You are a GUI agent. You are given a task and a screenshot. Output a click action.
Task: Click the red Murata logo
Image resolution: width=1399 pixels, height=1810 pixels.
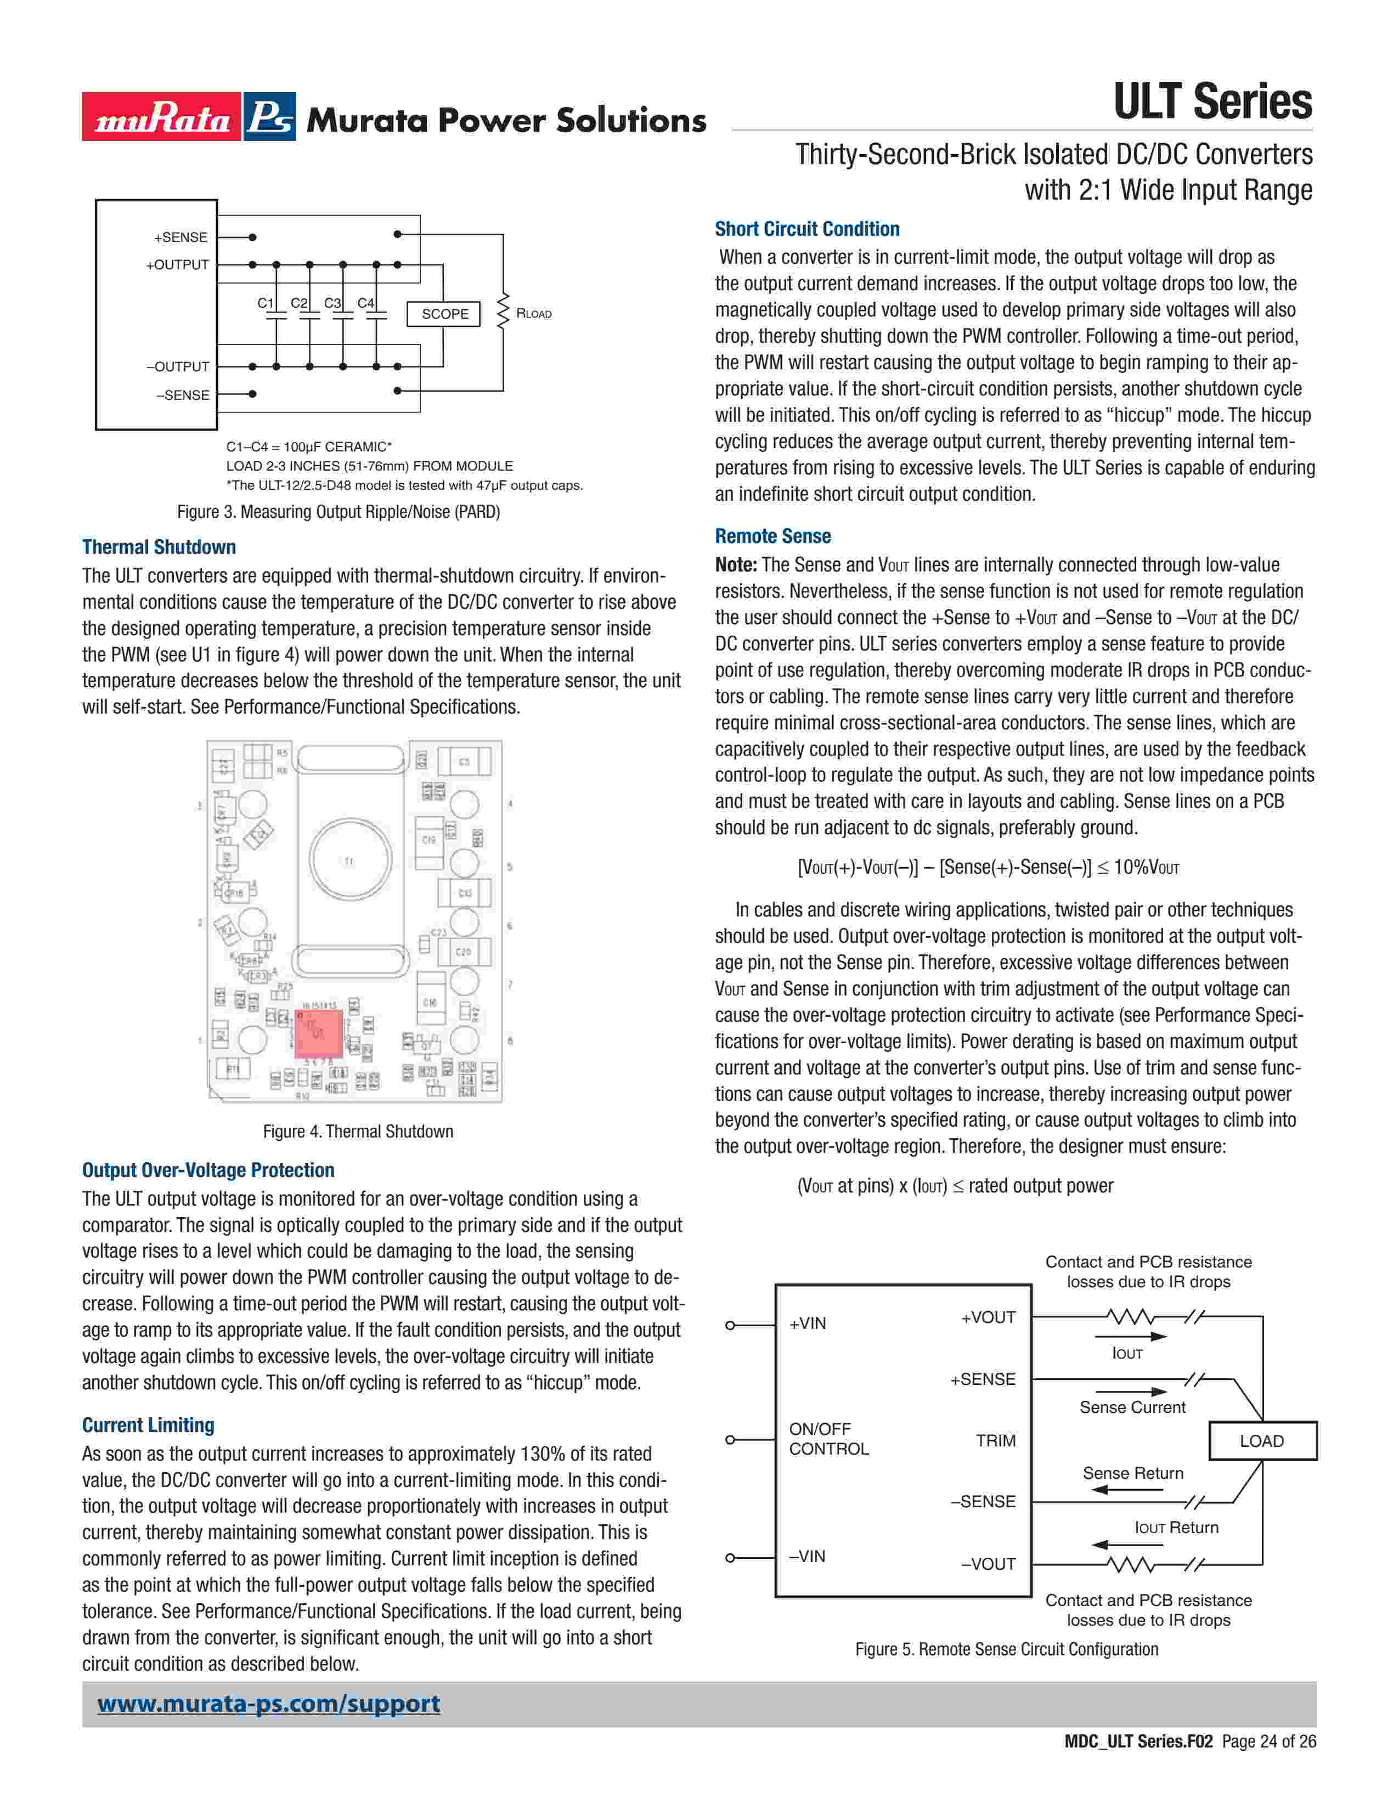[162, 117]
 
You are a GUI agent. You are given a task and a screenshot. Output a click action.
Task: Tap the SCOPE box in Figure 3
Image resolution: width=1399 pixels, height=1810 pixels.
[444, 314]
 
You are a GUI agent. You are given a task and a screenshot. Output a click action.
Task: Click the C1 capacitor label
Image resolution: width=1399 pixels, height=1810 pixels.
[265, 303]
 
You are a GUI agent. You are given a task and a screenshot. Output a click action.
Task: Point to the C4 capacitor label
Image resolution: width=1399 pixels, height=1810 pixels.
[365, 303]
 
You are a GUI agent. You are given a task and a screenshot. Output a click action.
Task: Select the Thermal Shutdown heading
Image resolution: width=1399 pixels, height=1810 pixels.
[159, 547]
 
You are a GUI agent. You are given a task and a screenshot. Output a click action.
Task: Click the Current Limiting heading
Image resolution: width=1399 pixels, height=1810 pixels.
[148, 1424]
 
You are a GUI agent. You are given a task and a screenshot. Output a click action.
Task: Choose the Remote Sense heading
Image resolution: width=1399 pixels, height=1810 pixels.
[772, 536]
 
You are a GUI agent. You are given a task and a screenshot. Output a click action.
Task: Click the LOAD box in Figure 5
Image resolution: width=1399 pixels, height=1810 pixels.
[1261, 1441]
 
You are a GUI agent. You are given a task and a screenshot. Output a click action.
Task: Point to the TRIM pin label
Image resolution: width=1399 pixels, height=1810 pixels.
[995, 1440]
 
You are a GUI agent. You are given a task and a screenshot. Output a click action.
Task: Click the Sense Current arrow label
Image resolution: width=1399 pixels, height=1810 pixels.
[1132, 1407]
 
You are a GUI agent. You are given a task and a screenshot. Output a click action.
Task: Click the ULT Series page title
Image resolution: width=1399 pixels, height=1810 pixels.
[1212, 102]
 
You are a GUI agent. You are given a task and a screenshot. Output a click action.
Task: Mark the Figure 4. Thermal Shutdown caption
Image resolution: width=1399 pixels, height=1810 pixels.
[358, 1131]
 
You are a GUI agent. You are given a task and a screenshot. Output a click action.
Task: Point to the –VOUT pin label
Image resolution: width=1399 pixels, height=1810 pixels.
[988, 1564]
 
